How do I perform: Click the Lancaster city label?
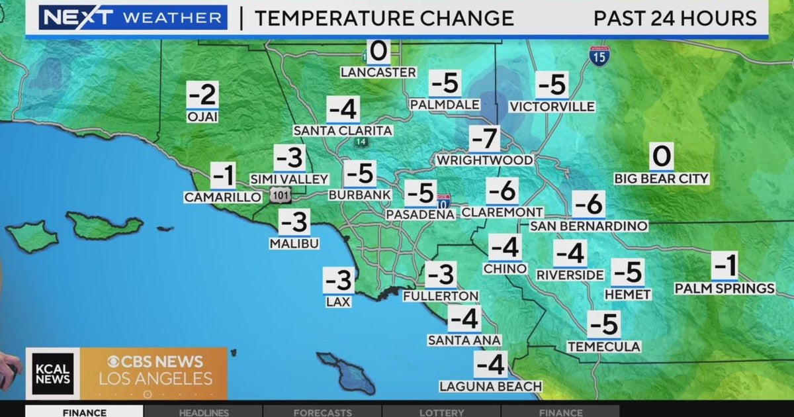[x=378, y=72]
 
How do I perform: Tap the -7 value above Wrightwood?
[x=484, y=140]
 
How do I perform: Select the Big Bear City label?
[x=661, y=179]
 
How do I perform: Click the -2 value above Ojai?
[x=202, y=96]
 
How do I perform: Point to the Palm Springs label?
[x=725, y=289]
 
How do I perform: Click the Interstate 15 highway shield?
[x=599, y=54]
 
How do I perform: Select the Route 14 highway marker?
[x=361, y=142]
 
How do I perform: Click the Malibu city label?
[x=294, y=244]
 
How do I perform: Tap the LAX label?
[x=338, y=301]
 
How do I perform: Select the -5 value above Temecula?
[x=603, y=325]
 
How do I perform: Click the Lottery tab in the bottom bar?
[x=441, y=412]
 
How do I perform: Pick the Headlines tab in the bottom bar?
[x=204, y=412]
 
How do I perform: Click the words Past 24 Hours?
[x=675, y=18]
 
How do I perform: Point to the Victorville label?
[x=552, y=107]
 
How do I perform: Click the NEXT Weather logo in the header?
[x=133, y=18]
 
